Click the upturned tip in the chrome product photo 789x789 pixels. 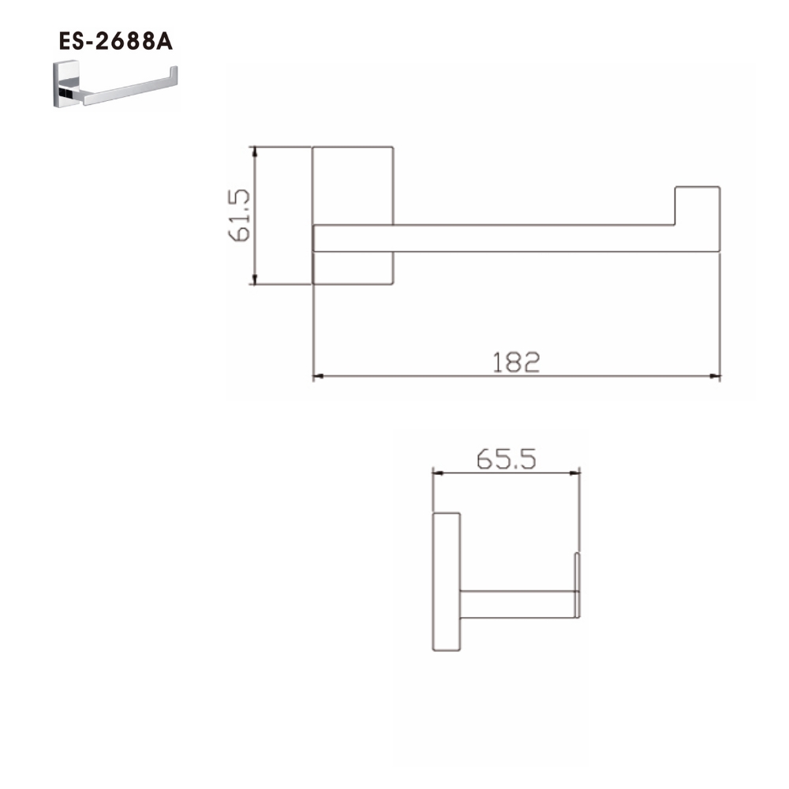pos(174,74)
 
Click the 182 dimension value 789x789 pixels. pos(517,362)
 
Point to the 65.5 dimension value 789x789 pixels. pos(506,460)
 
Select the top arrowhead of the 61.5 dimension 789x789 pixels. pos(255,151)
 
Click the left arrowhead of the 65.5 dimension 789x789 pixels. pos(437,474)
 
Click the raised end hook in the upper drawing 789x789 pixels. pos(697,205)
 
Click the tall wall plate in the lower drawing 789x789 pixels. pos(447,581)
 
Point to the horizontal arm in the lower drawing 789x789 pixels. pos(517,604)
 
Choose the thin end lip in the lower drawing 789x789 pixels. pos(578,584)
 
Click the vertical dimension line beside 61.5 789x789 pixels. pos(255,215)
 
